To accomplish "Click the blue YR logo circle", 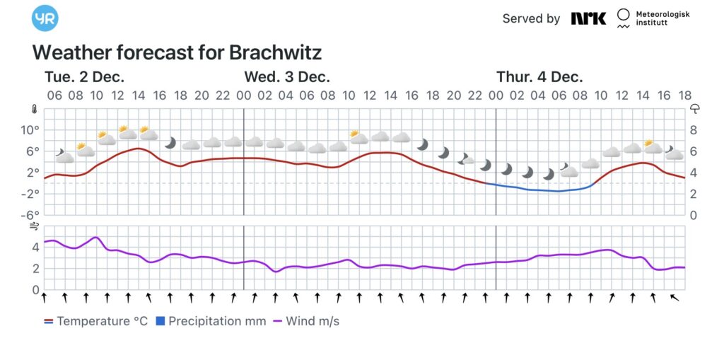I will (x=45, y=18).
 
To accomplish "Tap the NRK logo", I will (x=588, y=18).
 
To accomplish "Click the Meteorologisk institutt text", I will (x=662, y=18).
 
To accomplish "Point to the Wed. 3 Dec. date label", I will (x=287, y=77).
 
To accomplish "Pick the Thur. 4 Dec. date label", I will (x=539, y=77).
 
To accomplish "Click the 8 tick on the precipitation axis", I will (x=694, y=130).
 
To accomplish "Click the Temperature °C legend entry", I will (x=96, y=321).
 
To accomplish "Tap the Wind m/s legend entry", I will (x=306, y=321).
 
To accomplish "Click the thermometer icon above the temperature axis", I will (x=33, y=110).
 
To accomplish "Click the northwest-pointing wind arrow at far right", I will (x=675, y=298).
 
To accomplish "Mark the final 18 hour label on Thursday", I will (x=684, y=95).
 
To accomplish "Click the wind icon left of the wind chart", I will (x=33, y=227).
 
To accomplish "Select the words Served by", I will (x=531, y=18).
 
